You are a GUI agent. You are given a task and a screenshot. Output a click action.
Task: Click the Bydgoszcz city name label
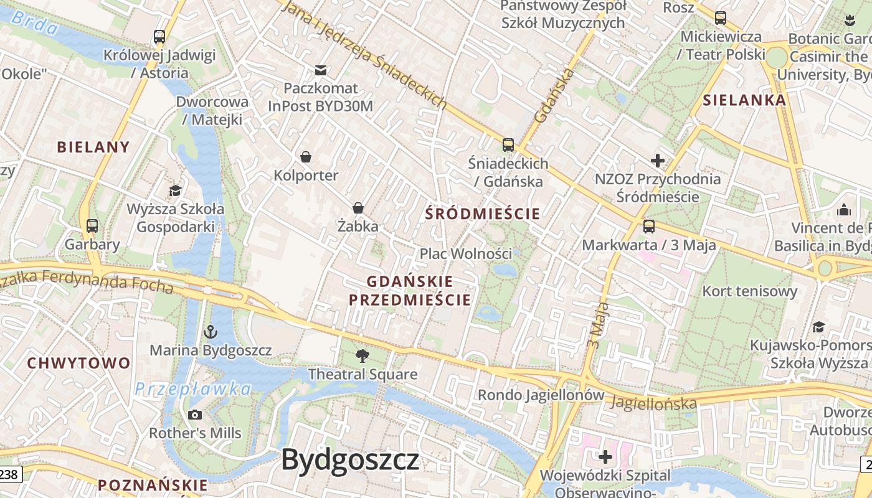click(350, 460)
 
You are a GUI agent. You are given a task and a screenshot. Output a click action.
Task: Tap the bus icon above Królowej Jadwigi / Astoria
click(159, 37)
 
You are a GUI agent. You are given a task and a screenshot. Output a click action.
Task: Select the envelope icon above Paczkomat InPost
click(321, 70)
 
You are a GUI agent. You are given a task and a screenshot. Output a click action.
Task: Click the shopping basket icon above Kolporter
click(306, 156)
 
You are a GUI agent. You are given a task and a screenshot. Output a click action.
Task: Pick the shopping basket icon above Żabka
click(358, 207)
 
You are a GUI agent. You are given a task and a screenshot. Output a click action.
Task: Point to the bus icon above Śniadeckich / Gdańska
click(508, 145)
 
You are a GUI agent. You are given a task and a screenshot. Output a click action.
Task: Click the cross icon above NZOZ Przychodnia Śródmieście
click(658, 161)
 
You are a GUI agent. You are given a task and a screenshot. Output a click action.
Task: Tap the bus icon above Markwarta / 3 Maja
click(649, 227)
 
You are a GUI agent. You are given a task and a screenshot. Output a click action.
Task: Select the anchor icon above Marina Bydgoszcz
click(211, 332)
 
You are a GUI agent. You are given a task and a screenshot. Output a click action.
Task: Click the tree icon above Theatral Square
click(362, 356)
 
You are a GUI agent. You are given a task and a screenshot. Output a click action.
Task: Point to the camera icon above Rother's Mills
click(195, 415)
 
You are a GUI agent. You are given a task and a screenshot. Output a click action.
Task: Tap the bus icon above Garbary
click(92, 226)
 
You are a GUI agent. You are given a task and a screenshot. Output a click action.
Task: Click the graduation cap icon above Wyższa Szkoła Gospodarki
click(176, 190)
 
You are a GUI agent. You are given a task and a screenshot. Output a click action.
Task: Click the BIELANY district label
click(93, 148)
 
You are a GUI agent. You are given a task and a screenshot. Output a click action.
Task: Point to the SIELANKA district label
click(744, 100)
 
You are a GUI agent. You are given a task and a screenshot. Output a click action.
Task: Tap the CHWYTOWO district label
click(79, 363)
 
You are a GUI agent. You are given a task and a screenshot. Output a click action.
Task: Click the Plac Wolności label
click(466, 253)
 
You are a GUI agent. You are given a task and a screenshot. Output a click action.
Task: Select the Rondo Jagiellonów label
click(541, 395)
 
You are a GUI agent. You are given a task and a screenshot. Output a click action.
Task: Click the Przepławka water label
click(193, 390)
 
